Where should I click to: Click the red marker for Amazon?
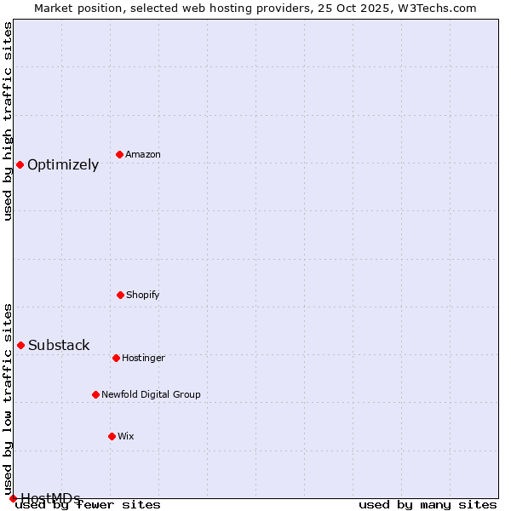[119, 154]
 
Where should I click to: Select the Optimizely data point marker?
[20, 164]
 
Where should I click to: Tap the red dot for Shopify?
[120, 295]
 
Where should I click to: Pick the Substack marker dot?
[20, 345]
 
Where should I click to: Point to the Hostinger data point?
[116, 358]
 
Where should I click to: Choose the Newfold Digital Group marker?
[95, 394]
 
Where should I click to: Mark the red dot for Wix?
[112, 436]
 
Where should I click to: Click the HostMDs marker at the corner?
[13, 498]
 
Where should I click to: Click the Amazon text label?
[143, 154]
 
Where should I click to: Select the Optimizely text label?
[63, 165]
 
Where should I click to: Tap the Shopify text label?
[143, 295]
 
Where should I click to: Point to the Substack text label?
[59, 345]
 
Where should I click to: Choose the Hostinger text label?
[143, 358]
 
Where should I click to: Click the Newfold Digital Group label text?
[151, 394]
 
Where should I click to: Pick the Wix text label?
[126, 436]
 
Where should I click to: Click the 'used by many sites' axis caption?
[428, 504]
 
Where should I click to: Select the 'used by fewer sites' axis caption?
[88, 504]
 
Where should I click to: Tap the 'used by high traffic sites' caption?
[8, 121]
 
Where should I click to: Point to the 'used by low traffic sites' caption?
[8, 399]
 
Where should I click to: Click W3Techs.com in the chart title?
[438, 8]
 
